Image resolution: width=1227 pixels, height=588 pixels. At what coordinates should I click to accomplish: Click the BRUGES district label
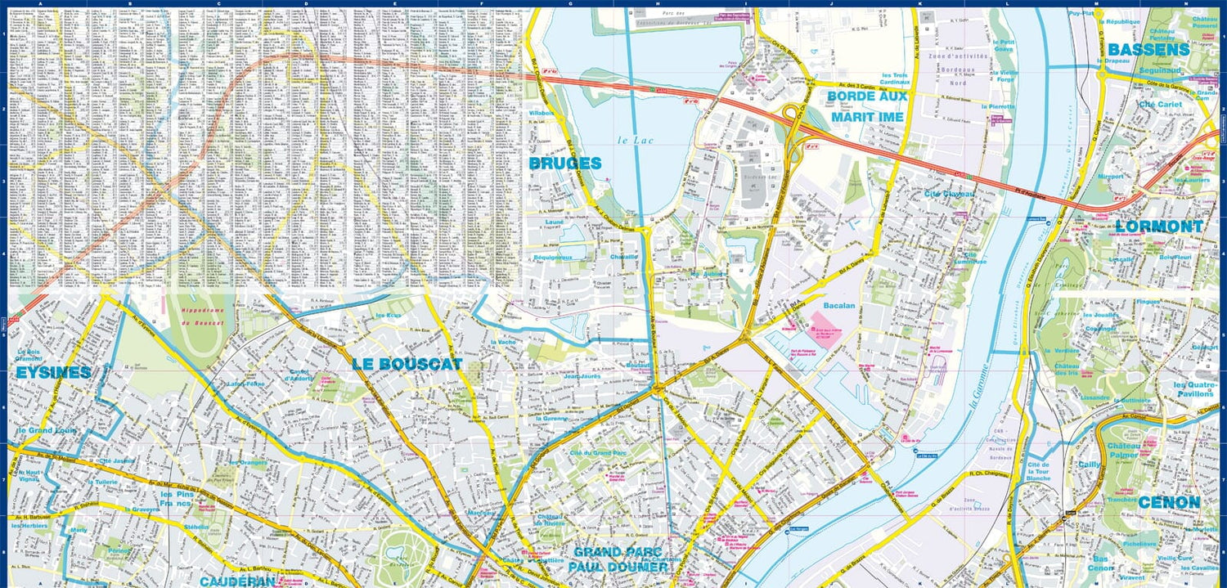[x=565, y=164]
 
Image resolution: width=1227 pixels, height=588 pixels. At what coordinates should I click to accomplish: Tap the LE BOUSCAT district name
[x=407, y=364]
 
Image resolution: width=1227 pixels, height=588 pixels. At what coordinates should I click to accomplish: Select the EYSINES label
[x=52, y=373]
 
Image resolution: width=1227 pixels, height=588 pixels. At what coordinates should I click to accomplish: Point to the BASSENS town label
[x=1148, y=50]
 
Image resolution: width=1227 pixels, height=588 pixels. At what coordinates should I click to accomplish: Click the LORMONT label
[x=1159, y=227]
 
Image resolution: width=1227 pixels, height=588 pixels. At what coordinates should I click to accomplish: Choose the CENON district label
[x=1169, y=502]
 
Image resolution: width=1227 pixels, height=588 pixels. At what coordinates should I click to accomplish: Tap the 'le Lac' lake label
[x=633, y=141]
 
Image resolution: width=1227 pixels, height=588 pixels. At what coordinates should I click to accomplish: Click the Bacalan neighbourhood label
[x=838, y=306]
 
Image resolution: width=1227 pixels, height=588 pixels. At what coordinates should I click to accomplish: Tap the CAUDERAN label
[x=237, y=581]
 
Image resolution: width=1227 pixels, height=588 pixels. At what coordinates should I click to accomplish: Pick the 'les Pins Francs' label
[x=176, y=499]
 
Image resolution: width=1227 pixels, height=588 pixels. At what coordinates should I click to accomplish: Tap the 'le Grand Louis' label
[x=47, y=429]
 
